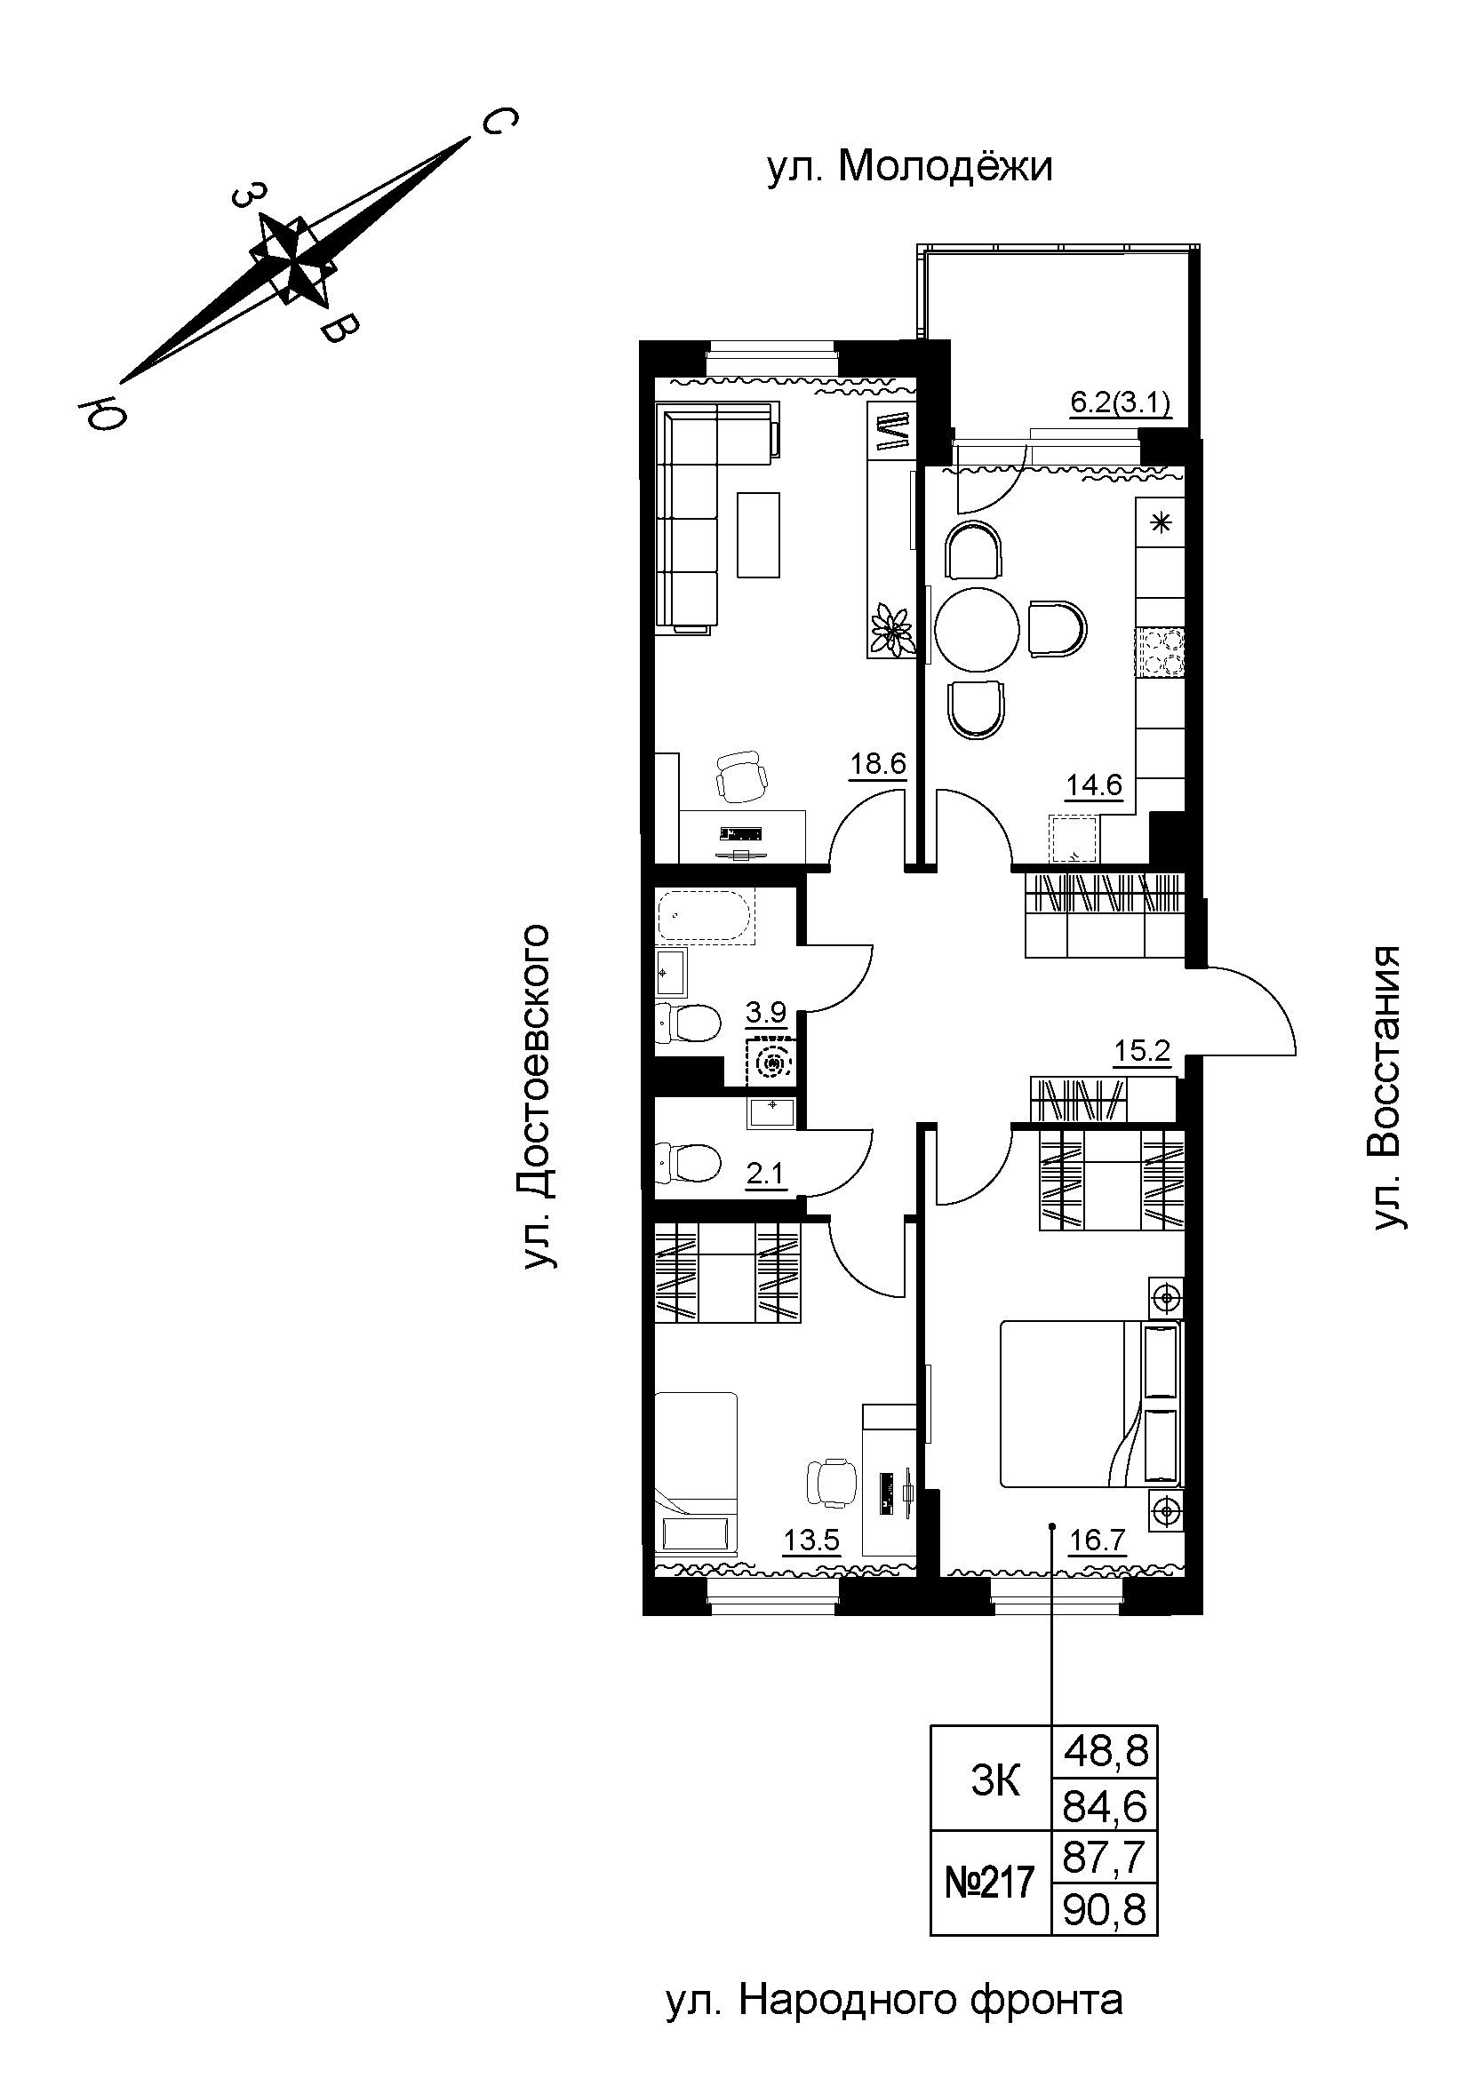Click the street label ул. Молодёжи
pyautogui.click(x=910, y=167)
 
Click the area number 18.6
pyautogui.click(x=877, y=764)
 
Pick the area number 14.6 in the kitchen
pyautogui.click(x=1093, y=784)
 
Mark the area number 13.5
pyautogui.click(x=812, y=1541)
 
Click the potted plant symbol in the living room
pyautogui.click(x=891, y=625)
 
